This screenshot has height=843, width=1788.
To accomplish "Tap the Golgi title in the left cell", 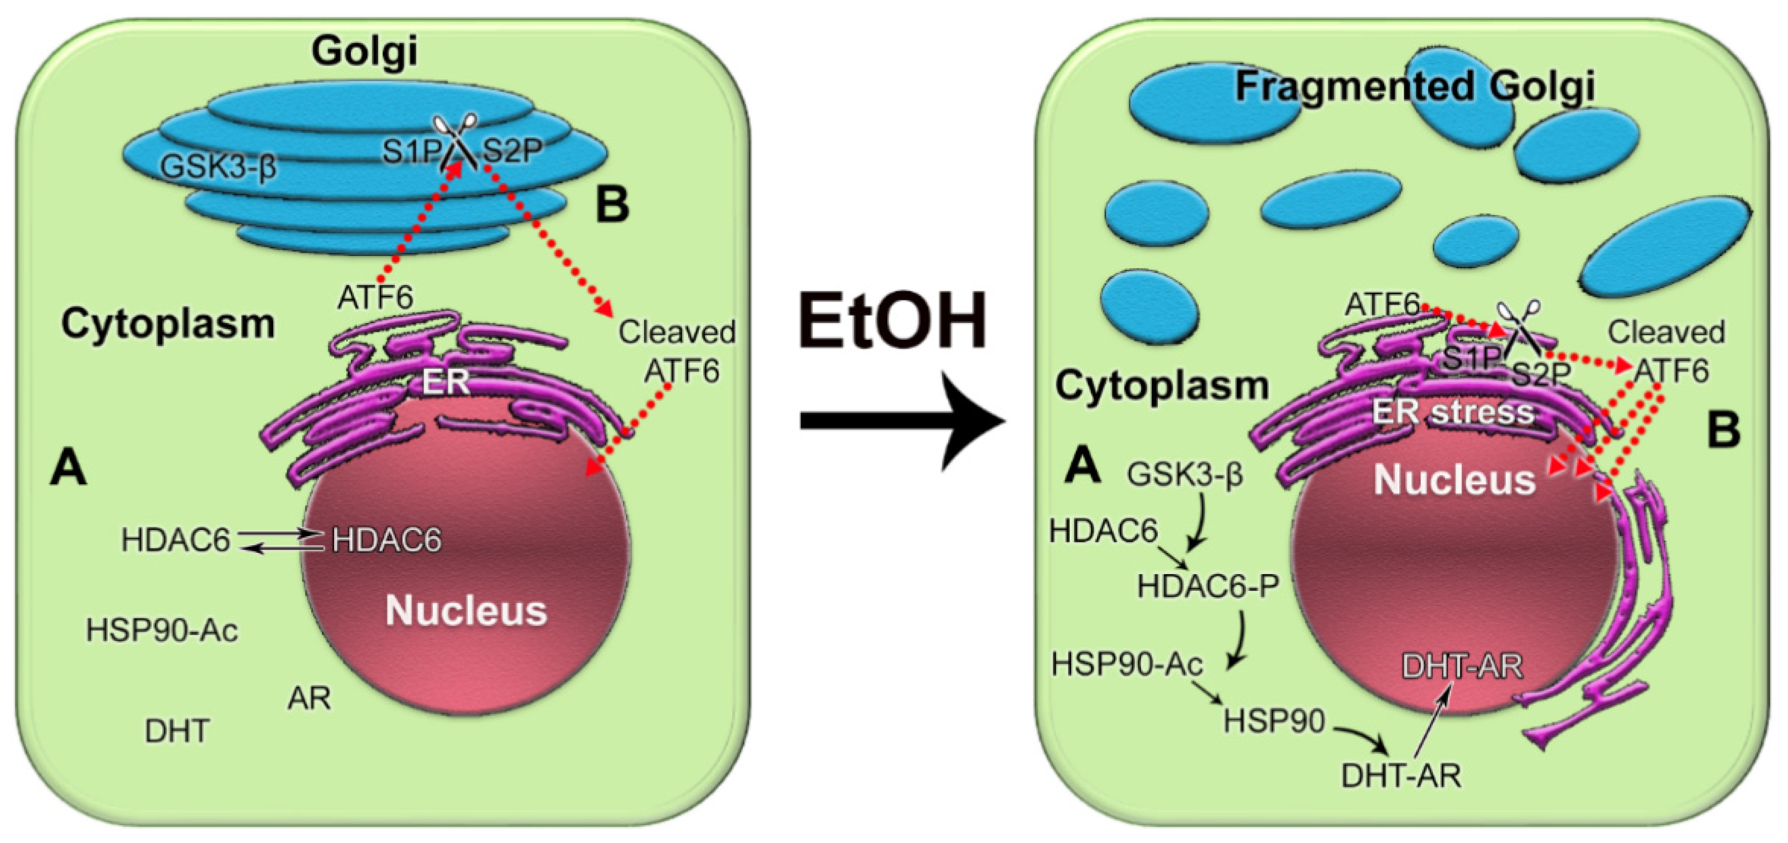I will pyautogui.click(x=364, y=51).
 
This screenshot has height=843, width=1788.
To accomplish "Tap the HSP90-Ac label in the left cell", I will pyautogui.click(x=161, y=630).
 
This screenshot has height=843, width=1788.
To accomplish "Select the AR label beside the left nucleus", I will pyautogui.click(x=309, y=698).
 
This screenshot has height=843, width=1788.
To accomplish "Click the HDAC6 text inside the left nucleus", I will pyautogui.click(x=386, y=540).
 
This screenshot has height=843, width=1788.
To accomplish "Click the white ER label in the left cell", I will pyautogui.click(x=446, y=381).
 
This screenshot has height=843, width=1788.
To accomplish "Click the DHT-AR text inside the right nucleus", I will pyautogui.click(x=1462, y=667).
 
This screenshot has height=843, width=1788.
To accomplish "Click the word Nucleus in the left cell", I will pyautogui.click(x=466, y=610).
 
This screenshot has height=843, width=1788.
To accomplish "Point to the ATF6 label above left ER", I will pyautogui.click(x=375, y=298).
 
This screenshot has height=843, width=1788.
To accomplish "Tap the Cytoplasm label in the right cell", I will pyautogui.click(x=1161, y=386).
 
